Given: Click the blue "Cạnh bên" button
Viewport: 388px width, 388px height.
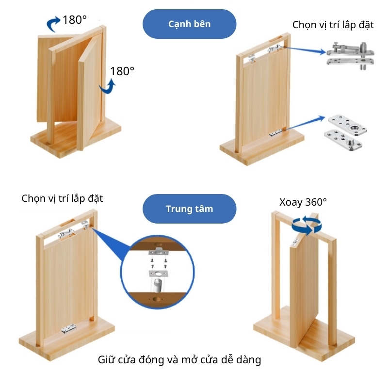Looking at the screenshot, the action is [189, 24].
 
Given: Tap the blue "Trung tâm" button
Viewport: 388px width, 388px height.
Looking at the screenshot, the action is [189, 209].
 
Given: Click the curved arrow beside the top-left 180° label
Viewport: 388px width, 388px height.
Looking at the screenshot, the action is [53, 24].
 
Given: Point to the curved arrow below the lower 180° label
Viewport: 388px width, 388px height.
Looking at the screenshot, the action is [108, 87].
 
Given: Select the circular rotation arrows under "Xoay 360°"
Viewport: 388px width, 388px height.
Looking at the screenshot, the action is [307, 225].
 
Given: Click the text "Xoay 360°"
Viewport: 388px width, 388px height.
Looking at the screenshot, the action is [303, 202].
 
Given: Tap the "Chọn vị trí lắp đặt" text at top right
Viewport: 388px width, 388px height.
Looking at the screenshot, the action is [333, 25].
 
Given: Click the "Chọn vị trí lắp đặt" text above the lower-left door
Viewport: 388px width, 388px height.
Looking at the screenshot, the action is [62, 199].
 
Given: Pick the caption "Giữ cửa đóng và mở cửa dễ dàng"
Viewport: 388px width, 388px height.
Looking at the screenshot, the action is [179, 360].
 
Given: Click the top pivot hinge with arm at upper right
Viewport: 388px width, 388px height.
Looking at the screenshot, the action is [350, 55].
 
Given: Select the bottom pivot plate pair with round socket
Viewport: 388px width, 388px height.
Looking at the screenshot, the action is [346, 132].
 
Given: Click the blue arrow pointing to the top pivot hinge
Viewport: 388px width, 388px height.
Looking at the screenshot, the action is [306, 50].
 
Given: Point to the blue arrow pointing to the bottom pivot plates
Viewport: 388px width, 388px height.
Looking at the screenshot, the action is [306, 123].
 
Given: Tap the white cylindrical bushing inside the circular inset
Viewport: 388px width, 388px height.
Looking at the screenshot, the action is [157, 285].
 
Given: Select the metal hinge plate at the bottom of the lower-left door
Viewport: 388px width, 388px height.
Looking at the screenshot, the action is [68, 329].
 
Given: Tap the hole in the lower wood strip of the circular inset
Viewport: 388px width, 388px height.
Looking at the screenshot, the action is [156, 299].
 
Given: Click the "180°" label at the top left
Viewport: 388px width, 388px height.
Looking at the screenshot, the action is [75, 20].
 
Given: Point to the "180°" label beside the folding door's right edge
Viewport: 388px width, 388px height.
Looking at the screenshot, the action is [122, 71].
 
